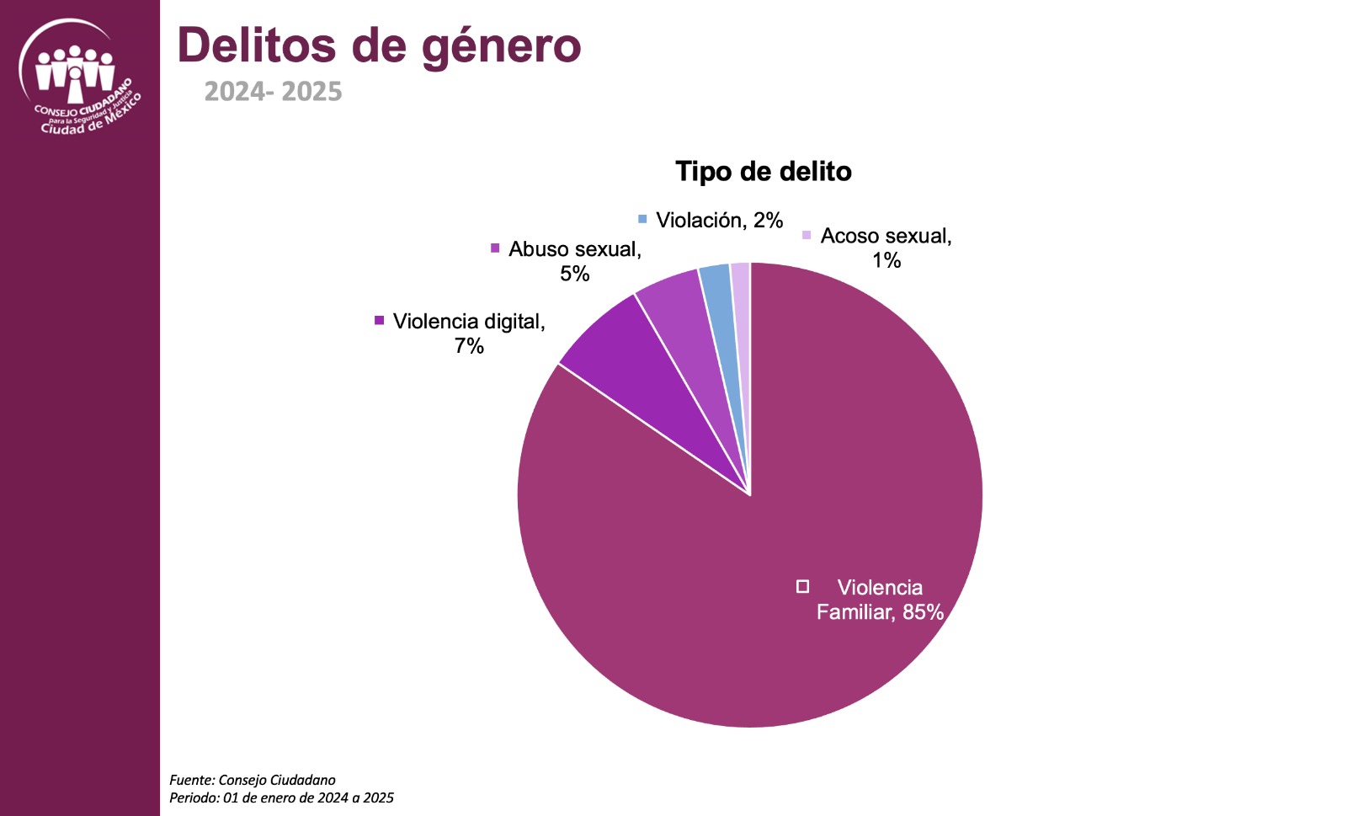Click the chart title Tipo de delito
coord(763,172)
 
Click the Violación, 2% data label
coord(719,221)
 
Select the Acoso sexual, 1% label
coord(886,248)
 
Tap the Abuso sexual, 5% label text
coord(575,261)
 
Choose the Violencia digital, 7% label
coord(469,333)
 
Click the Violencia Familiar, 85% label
coord(879,600)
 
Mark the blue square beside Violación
coord(643,220)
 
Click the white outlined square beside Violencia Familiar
coord(803,586)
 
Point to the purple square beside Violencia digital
coord(380,321)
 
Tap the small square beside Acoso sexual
coord(807,235)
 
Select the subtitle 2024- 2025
coord(274,91)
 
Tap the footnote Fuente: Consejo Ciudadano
coord(253,780)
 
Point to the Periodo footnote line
coord(281,797)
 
